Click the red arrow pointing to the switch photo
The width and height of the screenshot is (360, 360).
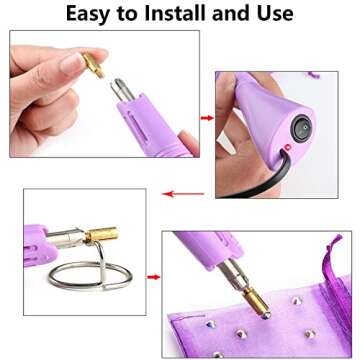[207, 118]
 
